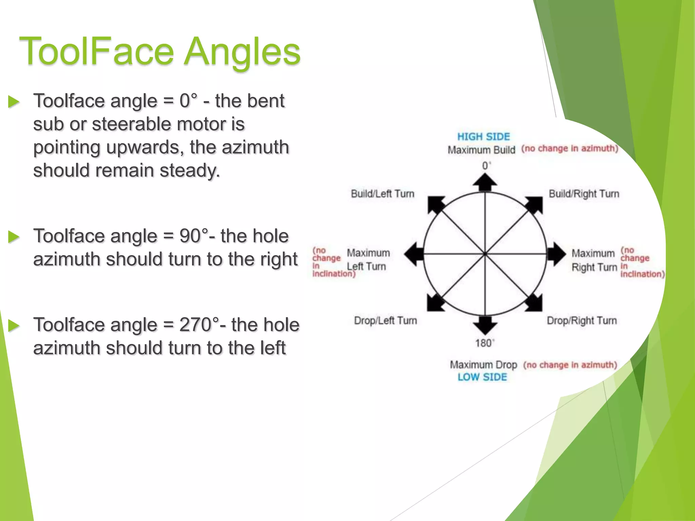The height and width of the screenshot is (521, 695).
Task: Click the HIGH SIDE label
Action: pos(484,137)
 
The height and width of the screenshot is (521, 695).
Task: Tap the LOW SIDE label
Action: pos(482,377)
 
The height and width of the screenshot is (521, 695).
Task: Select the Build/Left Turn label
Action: pos(382,194)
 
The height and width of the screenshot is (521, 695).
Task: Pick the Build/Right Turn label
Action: pos(584,194)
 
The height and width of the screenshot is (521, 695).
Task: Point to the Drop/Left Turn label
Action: pos(385,321)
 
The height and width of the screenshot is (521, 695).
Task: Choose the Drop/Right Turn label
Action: pos(582,321)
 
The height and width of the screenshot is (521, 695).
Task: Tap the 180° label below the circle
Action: pos(484,343)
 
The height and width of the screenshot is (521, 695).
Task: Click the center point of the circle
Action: pos(485,254)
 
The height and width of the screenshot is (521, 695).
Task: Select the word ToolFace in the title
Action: pos(96,52)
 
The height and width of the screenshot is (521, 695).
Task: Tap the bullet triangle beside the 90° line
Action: pos(14,237)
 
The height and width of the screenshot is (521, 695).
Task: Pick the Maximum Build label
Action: pos(481,150)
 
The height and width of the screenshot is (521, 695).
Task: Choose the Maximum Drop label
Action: pos(483,365)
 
